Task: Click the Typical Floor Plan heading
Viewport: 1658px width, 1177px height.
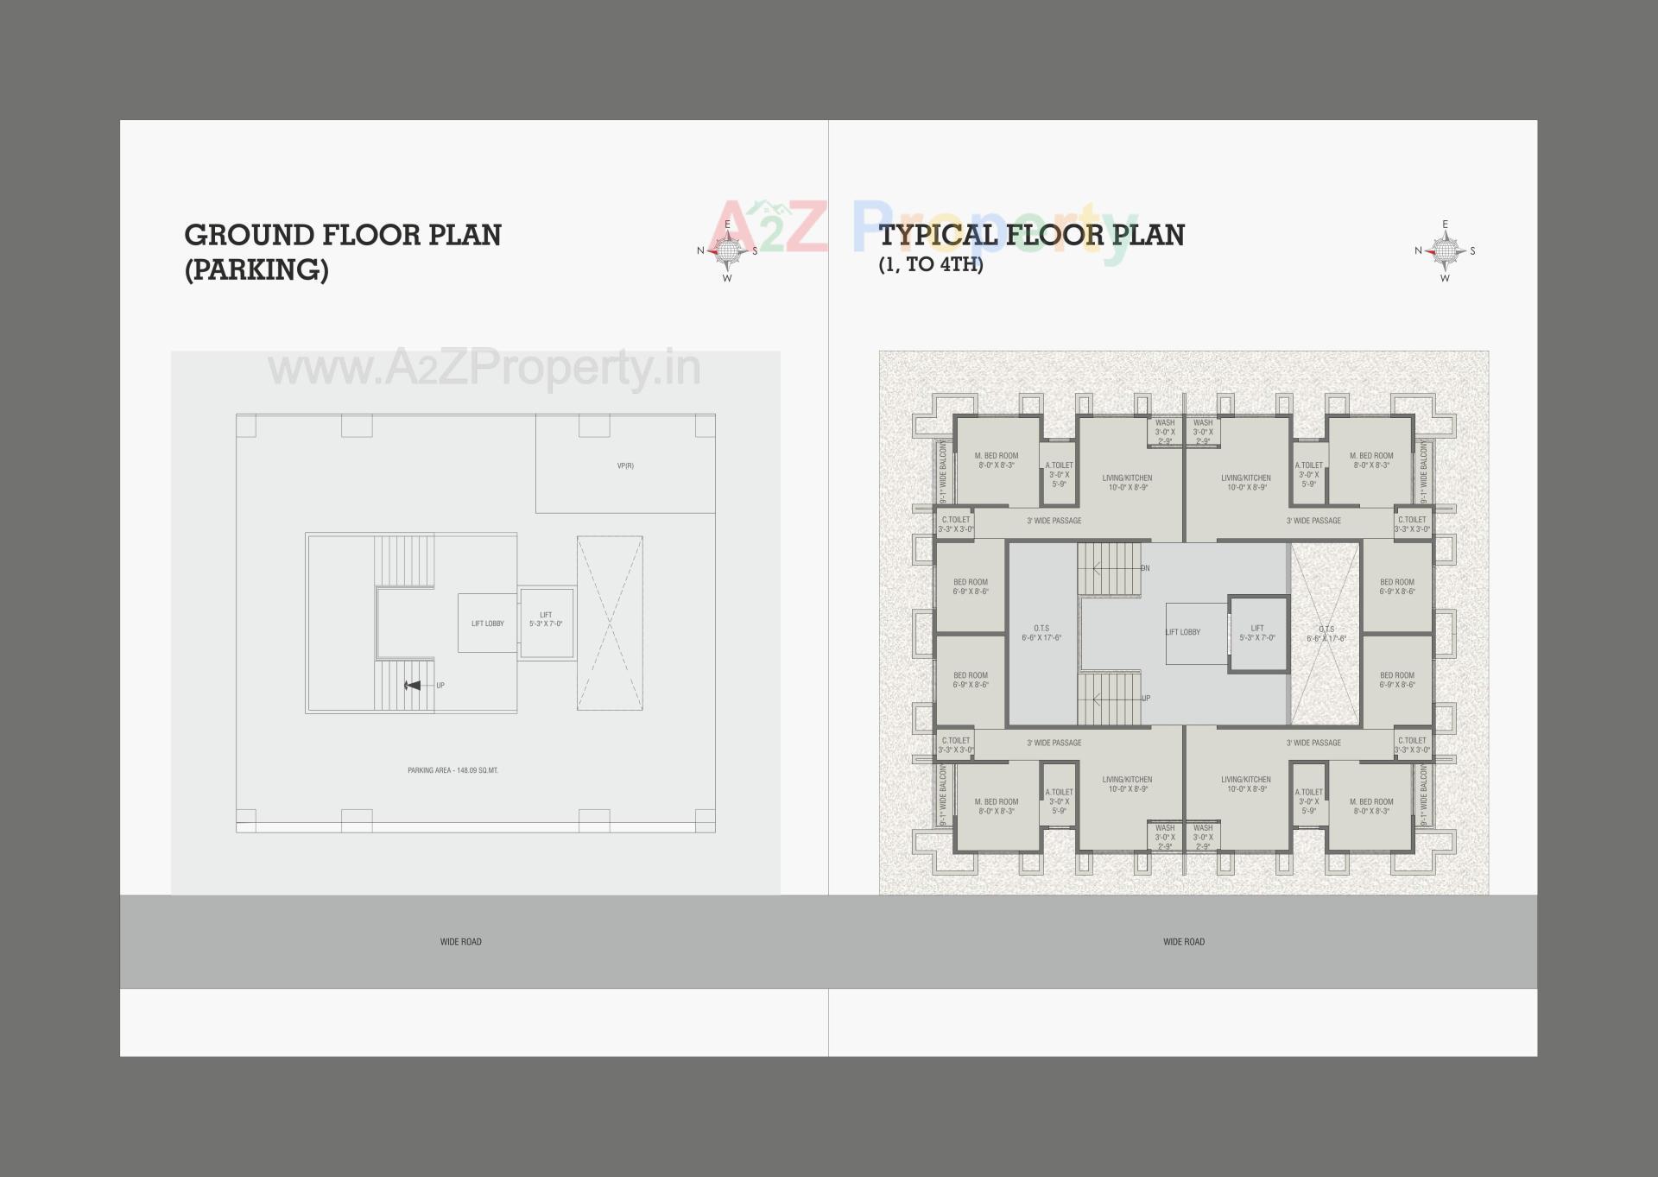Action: tap(1031, 235)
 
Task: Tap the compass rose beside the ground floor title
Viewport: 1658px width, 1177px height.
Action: tap(727, 251)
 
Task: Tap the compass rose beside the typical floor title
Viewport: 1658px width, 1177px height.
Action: tap(1445, 251)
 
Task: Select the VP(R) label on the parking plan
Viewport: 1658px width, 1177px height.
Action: tap(625, 466)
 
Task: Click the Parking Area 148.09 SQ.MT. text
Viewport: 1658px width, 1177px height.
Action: tap(452, 770)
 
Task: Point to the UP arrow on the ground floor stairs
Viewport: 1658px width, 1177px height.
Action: tap(414, 686)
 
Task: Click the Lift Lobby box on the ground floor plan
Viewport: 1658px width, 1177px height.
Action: tap(487, 623)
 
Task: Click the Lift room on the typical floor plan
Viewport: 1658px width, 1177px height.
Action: tap(1257, 634)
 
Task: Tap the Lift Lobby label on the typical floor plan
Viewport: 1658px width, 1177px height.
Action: tap(1183, 632)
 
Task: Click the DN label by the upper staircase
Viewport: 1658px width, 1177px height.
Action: tap(1145, 568)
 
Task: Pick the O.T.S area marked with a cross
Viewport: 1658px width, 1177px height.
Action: tap(1325, 634)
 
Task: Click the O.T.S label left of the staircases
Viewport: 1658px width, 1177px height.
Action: tap(1041, 633)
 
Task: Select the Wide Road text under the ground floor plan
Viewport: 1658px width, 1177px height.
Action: tap(460, 942)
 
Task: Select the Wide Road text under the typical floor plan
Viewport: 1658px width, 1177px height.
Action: tap(1183, 942)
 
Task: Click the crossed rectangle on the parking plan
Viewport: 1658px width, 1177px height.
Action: tap(610, 623)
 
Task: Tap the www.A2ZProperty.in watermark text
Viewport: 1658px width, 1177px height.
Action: tap(484, 369)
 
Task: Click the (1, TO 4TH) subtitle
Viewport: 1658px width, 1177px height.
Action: tap(931, 265)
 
